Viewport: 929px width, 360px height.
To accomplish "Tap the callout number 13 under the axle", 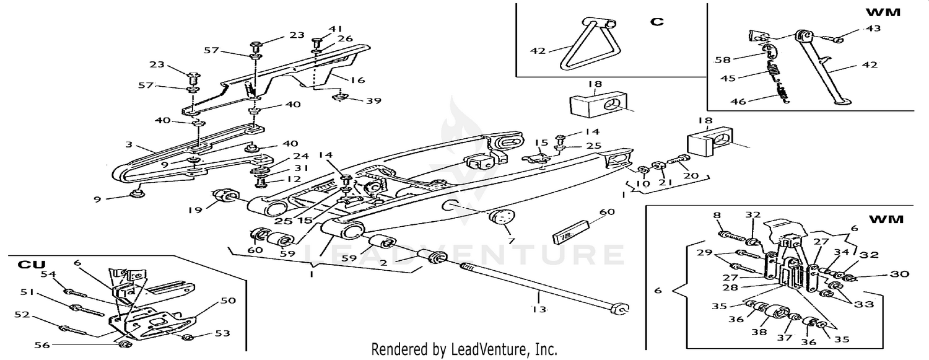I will coord(541,309).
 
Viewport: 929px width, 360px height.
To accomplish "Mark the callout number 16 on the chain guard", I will coord(357,80).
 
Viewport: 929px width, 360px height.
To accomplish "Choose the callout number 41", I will coord(335,29).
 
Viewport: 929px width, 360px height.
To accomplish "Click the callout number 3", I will coord(129,145).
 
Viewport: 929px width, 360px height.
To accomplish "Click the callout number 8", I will coord(717,215).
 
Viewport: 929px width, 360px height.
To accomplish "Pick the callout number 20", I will coord(690,176).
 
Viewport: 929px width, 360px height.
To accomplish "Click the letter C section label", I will coord(656,22).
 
